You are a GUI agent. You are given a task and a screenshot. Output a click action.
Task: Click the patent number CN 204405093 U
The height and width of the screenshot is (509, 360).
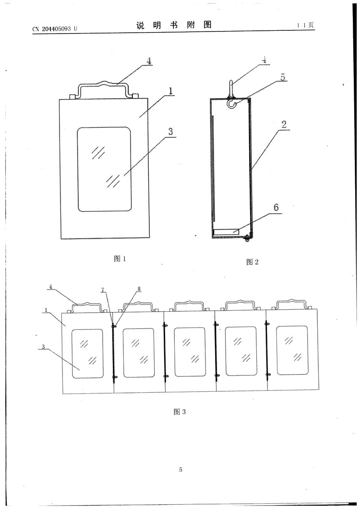54,29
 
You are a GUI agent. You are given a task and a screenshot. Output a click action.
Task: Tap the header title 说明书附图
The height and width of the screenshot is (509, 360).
174,25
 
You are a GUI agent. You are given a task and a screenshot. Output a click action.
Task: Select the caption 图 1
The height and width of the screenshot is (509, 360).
120,259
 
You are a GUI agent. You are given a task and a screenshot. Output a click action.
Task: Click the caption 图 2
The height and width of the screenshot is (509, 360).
252,262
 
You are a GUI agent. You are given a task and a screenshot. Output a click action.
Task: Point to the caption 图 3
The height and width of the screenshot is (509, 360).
179,412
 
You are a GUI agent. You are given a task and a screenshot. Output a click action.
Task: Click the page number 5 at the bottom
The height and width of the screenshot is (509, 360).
180,470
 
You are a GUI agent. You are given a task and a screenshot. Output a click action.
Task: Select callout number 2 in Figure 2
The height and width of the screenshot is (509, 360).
284,124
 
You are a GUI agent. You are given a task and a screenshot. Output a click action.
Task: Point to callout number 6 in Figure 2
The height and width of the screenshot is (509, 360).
276,207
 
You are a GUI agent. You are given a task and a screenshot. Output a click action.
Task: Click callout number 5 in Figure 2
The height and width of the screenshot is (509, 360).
283,77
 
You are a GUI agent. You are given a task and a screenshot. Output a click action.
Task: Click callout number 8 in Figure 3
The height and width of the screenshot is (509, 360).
139,289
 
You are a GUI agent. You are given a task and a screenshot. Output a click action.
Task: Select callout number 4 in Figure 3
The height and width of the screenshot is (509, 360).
50,287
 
